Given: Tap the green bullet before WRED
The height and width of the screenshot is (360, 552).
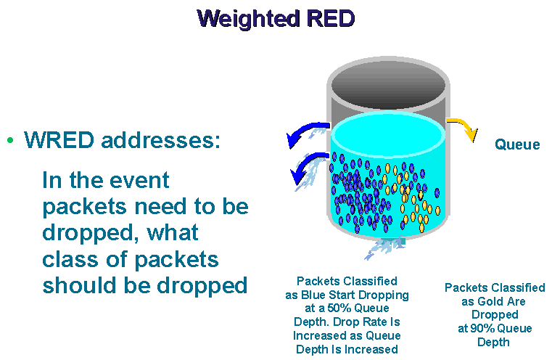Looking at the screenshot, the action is click(x=10, y=140).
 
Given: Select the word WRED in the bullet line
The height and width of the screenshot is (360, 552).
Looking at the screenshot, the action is click(x=59, y=140).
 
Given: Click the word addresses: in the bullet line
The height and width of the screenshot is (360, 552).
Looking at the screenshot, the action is click(x=160, y=140).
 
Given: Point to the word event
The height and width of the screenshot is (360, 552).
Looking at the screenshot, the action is click(x=139, y=180).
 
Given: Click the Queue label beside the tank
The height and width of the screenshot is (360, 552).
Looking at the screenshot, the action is click(x=517, y=144).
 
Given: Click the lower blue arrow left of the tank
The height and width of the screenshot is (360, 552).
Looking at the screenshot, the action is click(x=307, y=165).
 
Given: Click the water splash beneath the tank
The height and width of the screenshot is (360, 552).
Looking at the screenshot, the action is click(x=384, y=247).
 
